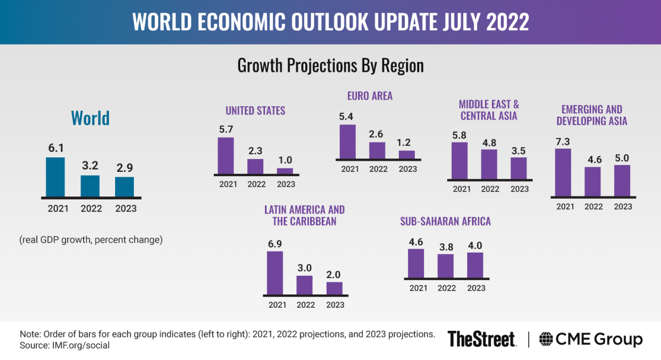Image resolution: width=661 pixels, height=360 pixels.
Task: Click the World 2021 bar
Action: pos(55,177)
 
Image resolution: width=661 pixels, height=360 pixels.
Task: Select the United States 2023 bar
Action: pos(285,171)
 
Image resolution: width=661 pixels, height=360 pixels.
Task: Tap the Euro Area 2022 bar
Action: pos(377,150)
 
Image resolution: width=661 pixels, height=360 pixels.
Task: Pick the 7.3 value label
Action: pos(563,141)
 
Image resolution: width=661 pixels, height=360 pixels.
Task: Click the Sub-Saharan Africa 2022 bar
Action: pos(446,266)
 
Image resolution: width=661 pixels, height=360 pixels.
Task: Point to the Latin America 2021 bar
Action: pos(275,273)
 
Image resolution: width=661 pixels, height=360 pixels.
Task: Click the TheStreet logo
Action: pos(481,339)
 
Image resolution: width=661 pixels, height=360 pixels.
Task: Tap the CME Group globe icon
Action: pos(548,340)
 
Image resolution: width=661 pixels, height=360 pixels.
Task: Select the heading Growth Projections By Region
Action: pos(330,66)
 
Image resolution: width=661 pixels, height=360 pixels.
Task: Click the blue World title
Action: pos(90,118)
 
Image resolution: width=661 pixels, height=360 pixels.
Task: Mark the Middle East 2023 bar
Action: pos(518,168)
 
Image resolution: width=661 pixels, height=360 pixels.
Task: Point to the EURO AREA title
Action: pos(370,96)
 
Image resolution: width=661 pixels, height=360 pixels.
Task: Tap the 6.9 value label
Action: pos(275,243)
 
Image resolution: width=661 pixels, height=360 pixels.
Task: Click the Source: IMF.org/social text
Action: pos(64,345)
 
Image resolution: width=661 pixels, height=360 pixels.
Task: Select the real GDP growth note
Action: pos(91,240)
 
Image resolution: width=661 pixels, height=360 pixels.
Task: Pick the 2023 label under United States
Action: pos(285,184)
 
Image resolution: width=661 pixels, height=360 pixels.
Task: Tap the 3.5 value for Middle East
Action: pos(518,149)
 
